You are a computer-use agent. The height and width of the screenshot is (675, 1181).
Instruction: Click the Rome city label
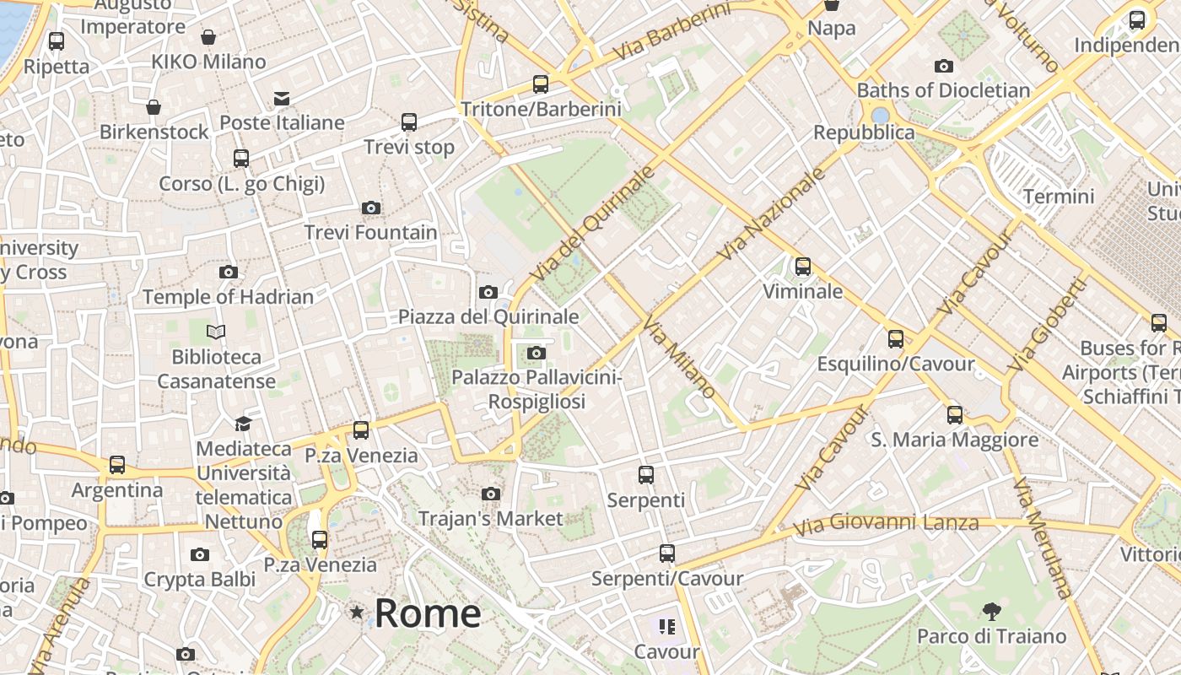[428, 613]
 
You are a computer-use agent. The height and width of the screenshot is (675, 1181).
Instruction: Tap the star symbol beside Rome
[358, 612]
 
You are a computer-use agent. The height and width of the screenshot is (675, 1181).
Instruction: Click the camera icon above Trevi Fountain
[370, 208]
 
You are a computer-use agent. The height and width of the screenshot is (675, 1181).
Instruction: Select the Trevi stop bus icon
[409, 122]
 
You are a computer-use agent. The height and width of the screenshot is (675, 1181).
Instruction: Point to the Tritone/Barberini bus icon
[541, 84]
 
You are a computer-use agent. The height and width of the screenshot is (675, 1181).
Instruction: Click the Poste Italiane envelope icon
[282, 99]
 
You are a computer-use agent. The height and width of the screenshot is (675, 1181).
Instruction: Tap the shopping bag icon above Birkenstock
[154, 107]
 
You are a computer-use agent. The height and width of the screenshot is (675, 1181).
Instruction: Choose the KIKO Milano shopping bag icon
[208, 37]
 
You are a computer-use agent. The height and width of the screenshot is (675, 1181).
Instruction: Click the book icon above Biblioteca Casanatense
[216, 332]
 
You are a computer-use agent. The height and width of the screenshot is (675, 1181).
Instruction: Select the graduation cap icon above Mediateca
[243, 424]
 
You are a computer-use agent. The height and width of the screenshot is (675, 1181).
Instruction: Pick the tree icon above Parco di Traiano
[991, 611]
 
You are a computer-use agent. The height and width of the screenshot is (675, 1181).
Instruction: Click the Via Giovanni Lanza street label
[886, 525]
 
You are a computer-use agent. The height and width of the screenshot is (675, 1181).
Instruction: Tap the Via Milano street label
[679, 357]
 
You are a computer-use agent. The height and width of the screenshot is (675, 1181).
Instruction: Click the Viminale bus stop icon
[802, 267]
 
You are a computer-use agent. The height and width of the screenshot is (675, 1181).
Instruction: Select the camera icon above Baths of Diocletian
[943, 66]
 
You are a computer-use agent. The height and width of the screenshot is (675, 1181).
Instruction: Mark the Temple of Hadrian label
[228, 297]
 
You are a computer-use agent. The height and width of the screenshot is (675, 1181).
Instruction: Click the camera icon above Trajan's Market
[490, 494]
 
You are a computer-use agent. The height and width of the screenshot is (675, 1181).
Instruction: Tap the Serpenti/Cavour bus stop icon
[666, 553]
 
